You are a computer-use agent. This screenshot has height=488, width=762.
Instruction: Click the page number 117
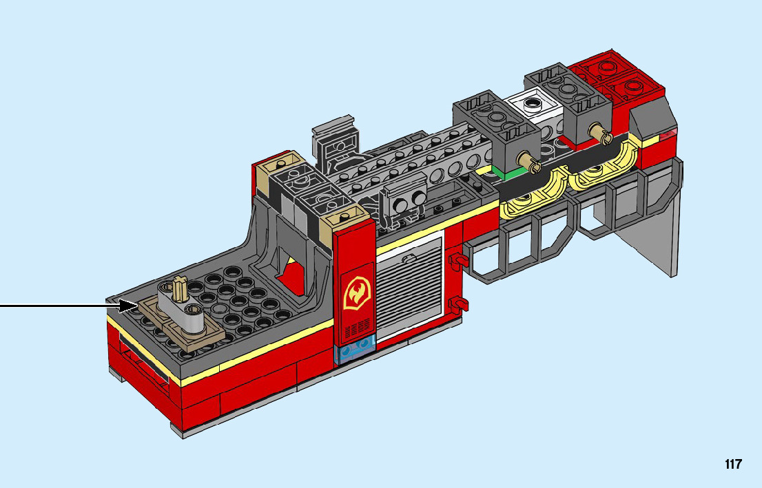[733, 464]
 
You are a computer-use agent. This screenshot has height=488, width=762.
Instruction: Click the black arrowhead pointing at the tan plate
[128, 306]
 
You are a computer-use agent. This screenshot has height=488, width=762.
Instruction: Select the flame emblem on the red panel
[357, 293]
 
